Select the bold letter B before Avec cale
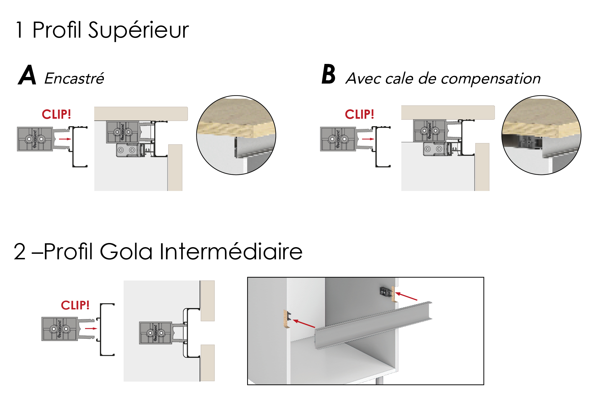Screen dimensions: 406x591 [329, 74]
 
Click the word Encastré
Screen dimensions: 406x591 [74, 78]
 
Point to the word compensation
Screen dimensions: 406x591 [491, 79]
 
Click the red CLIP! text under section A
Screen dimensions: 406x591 [56, 114]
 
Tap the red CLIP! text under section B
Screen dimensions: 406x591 [359, 114]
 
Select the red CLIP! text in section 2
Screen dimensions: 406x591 [75, 305]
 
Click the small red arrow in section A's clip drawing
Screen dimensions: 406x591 [65, 139]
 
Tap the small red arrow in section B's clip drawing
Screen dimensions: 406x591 [368, 139]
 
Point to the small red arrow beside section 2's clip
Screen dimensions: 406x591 [91, 329]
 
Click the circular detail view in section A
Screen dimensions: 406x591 [236, 135]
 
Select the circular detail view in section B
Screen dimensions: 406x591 [541, 135]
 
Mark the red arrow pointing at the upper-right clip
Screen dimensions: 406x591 [406, 296]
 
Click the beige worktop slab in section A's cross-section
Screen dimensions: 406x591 [141, 114]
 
